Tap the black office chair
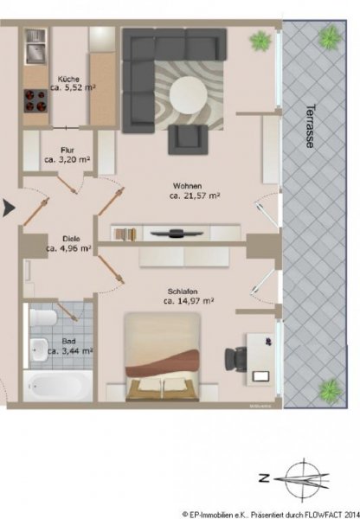click(x=236, y=357)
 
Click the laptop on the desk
click(x=261, y=376)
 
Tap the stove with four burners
click(x=35, y=105)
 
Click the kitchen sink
click(x=36, y=54)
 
